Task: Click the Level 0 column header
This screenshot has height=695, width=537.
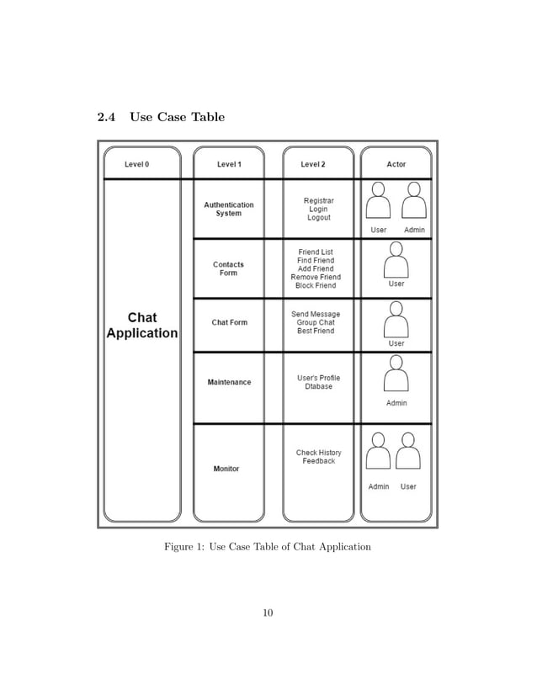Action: tap(136, 164)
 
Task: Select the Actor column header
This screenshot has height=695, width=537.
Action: tap(396, 164)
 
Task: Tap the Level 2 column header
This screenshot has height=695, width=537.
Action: tap(313, 164)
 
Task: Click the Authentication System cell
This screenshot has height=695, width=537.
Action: tap(228, 209)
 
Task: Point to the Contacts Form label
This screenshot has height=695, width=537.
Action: tap(228, 268)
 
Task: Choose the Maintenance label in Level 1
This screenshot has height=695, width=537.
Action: tap(229, 382)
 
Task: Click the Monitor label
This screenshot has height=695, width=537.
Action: tap(226, 469)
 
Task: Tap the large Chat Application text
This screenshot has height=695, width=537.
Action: tap(141, 325)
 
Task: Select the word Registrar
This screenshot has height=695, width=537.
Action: tap(318, 200)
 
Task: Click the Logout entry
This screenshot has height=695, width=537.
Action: tap(318, 218)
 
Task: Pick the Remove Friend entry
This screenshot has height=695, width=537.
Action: tap(316, 277)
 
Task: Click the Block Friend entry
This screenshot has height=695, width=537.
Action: tap(316, 286)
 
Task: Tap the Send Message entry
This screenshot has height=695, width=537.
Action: tap(316, 314)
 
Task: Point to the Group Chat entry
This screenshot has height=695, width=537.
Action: tap(316, 322)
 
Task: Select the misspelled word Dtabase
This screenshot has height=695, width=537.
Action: tap(318, 387)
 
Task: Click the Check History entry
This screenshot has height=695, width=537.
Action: tap(318, 453)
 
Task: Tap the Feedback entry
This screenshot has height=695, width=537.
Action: tap(319, 461)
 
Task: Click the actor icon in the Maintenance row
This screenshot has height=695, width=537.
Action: tap(396, 374)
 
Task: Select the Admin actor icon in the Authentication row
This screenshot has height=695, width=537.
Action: tap(413, 202)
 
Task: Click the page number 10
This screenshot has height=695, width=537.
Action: tap(268, 613)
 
